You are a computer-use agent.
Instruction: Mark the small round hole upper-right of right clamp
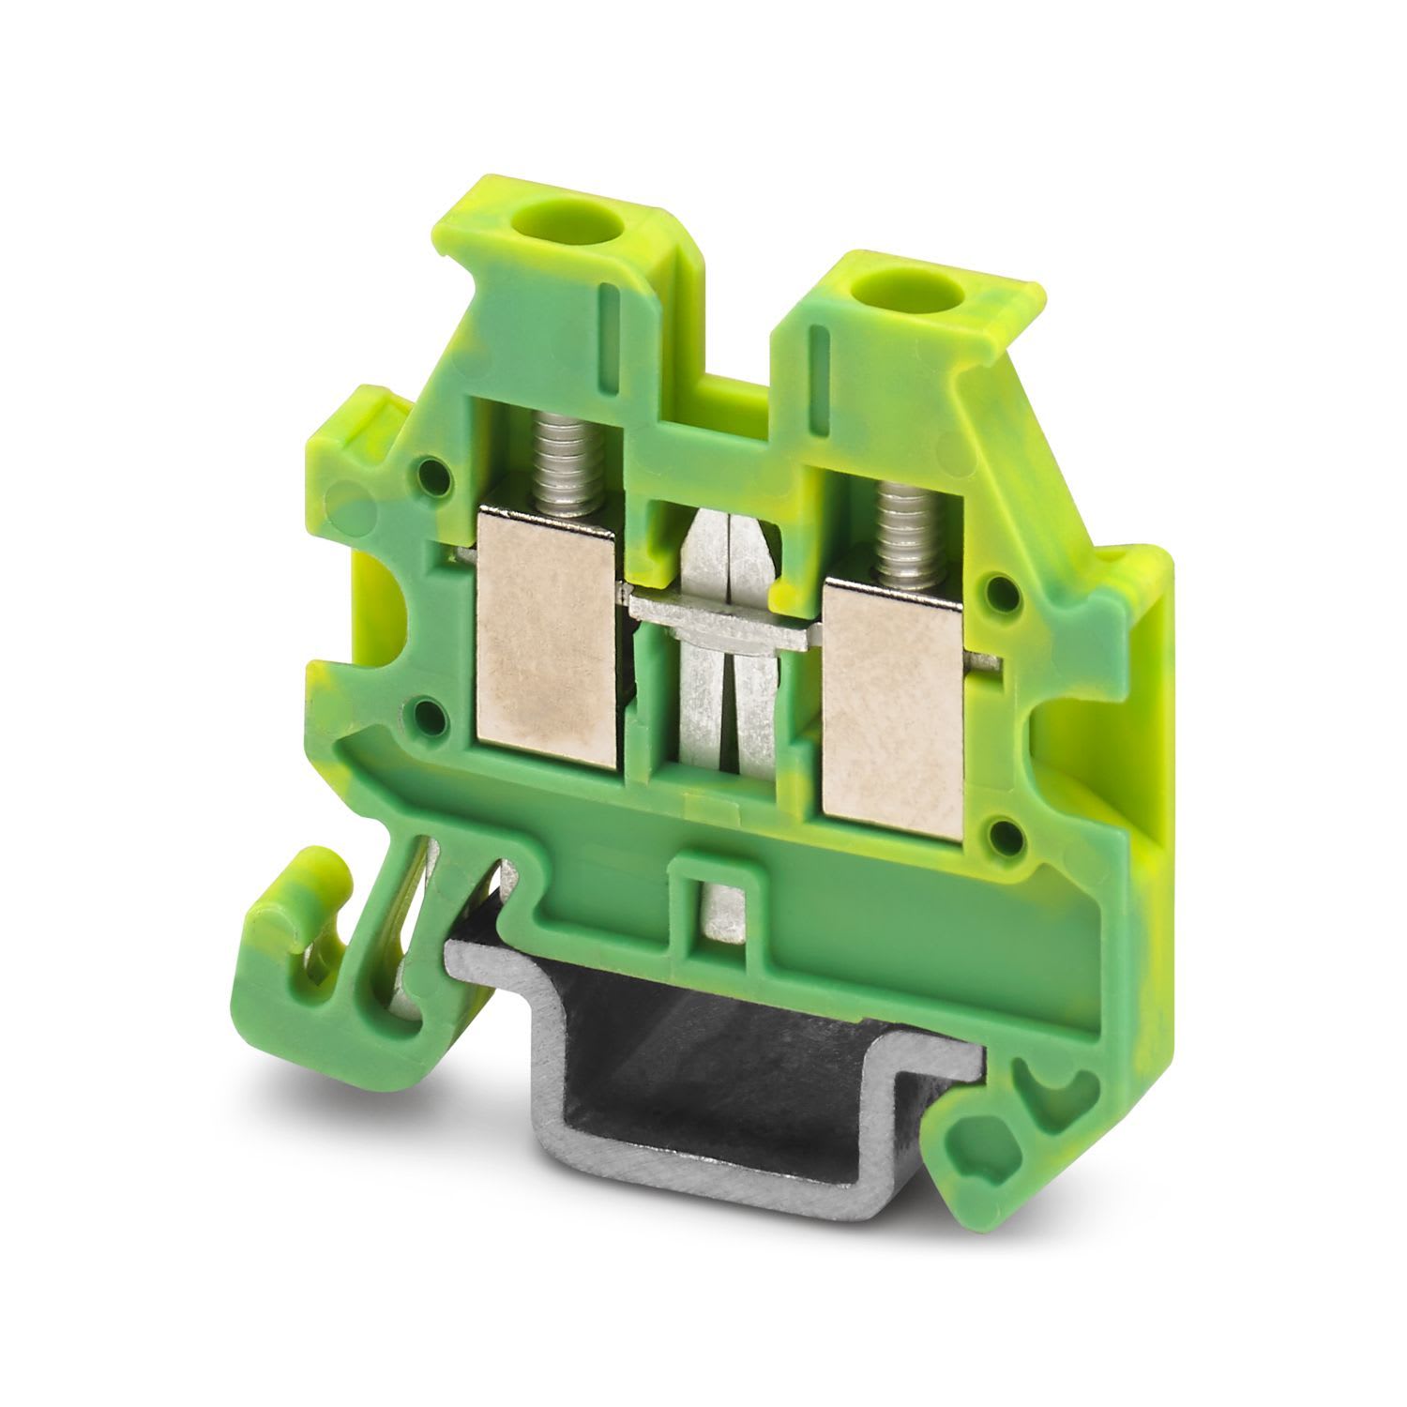pyautogui.click(x=1006, y=591)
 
